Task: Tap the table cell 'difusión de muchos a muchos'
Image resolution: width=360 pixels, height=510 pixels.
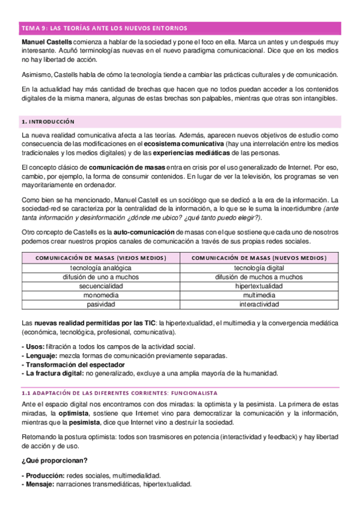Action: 259,277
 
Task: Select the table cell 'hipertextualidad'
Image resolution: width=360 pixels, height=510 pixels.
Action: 259,286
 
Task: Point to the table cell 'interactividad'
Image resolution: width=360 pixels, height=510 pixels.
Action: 259,305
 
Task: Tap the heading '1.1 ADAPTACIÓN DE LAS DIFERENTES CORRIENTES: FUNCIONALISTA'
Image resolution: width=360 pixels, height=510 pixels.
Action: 115,391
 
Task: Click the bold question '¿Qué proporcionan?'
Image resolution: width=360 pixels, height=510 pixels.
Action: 53,461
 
